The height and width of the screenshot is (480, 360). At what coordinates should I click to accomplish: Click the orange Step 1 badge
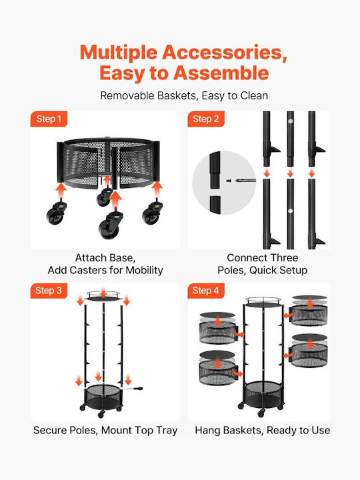(49, 119)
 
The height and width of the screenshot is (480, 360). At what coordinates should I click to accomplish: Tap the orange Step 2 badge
(206, 119)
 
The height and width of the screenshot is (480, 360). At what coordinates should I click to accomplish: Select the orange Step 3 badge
(49, 291)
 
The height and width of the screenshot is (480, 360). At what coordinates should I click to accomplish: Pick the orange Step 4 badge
(206, 291)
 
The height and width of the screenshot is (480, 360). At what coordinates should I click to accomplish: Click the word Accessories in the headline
(225, 53)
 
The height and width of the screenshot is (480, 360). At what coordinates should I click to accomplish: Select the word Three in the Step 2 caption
(283, 258)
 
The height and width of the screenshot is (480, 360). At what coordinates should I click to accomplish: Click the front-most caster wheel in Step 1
(111, 224)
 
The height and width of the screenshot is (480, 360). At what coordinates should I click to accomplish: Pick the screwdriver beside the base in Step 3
(134, 389)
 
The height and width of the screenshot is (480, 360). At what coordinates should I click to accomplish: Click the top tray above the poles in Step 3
(103, 296)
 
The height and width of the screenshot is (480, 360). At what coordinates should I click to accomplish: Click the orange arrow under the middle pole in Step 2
(290, 173)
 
